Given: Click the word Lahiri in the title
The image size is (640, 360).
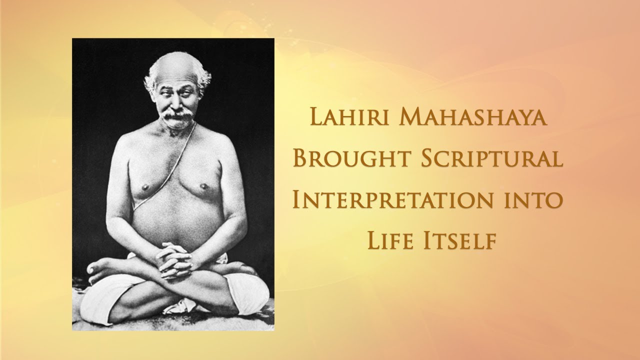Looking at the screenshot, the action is (x=349, y=116).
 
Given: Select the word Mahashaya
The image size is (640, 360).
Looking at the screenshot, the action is (x=473, y=116).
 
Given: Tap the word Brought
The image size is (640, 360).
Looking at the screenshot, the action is (x=352, y=158).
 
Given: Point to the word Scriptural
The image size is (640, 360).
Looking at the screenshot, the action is (x=491, y=158).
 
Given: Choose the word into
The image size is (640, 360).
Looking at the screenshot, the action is (x=533, y=200).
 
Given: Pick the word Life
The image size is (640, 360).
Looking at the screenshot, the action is (x=390, y=240).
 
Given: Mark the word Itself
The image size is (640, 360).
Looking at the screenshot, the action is (x=459, y=240).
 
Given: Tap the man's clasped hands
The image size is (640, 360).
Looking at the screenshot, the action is (x=174, y=260).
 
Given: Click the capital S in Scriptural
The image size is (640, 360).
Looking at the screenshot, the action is (x=428, y=158).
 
